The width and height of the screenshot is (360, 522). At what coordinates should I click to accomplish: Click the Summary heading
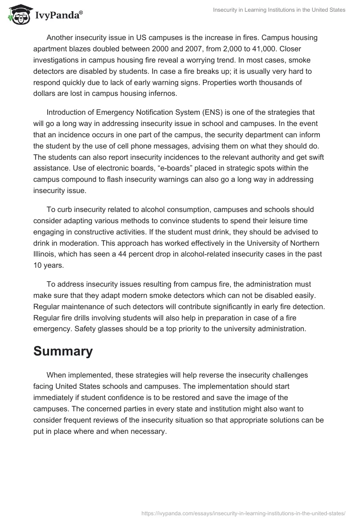pyautogui.click(x=63, y=351)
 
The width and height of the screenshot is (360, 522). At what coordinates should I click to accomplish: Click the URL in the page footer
pyautogui.click(x=243, y=513)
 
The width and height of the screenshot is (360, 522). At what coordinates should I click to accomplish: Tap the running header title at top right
pyautogui.click(x=279, y=10)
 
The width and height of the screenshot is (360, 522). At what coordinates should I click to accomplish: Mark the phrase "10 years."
pyautogui.click(x=48, y=265)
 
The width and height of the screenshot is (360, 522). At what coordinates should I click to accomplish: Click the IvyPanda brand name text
pyautogui.click(x=57, y=16)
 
